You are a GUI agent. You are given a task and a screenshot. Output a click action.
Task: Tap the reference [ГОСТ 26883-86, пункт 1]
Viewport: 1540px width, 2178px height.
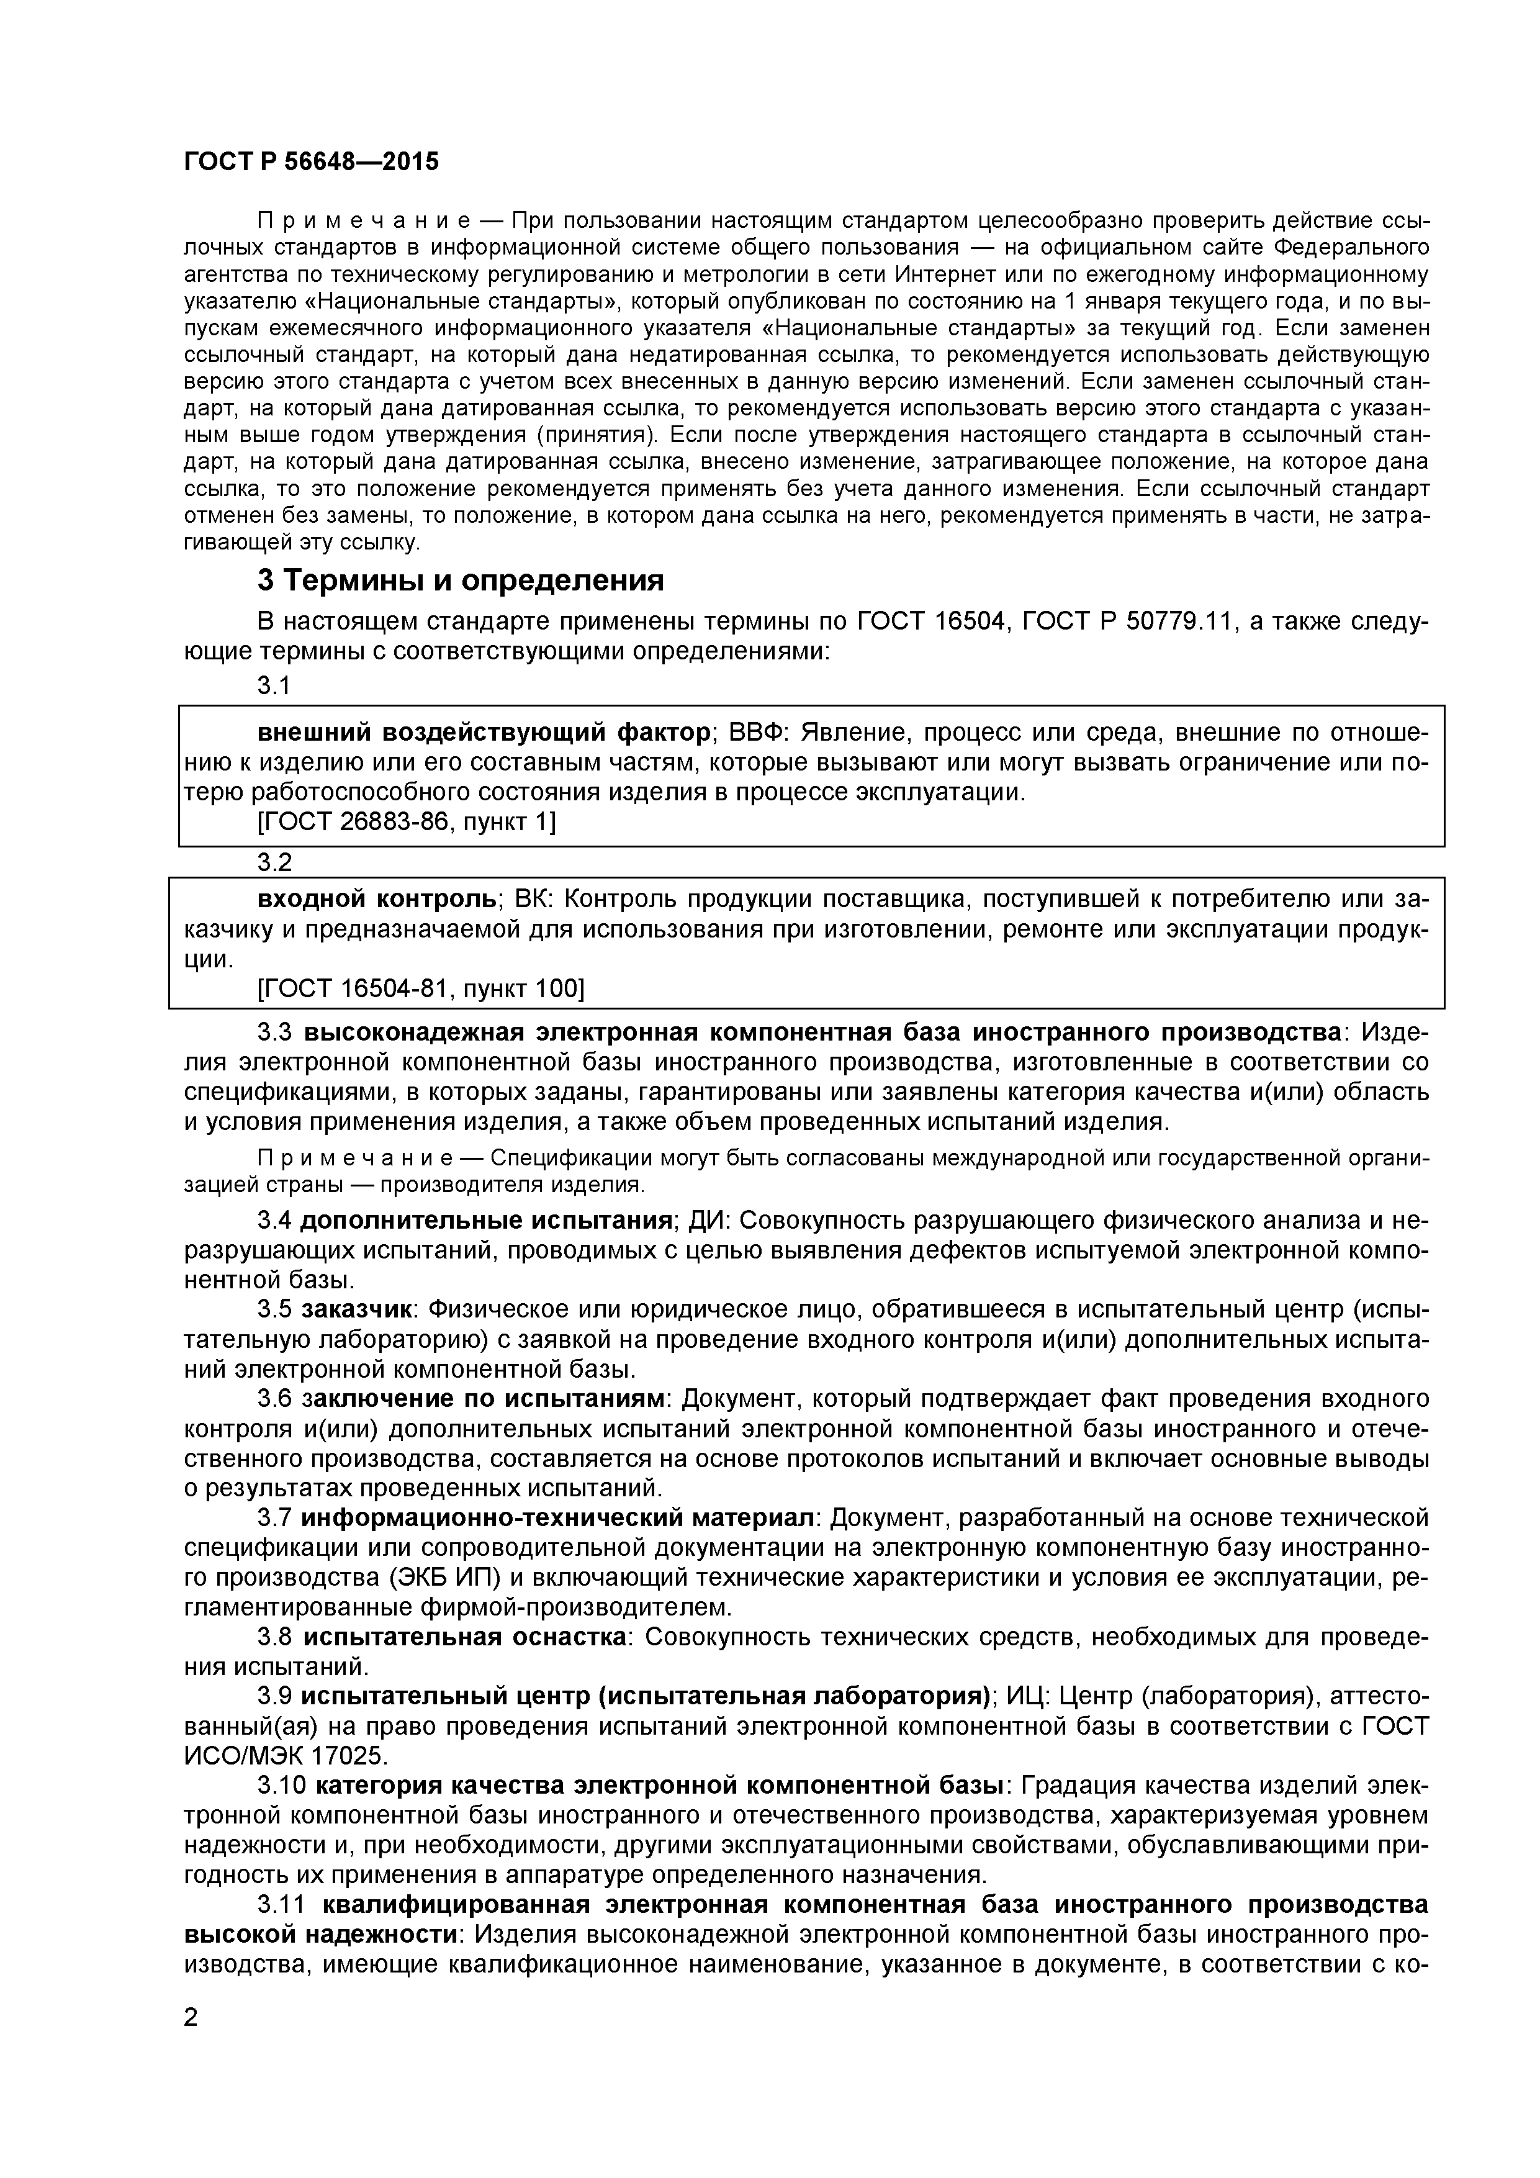tap(407, 823)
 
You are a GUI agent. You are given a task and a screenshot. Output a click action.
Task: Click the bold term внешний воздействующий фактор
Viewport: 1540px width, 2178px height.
tap(484, 733)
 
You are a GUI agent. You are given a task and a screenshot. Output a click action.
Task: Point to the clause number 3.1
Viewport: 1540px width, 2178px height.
tap(274, 686)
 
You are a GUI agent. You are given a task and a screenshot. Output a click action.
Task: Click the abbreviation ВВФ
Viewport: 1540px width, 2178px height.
tap(758, 733)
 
